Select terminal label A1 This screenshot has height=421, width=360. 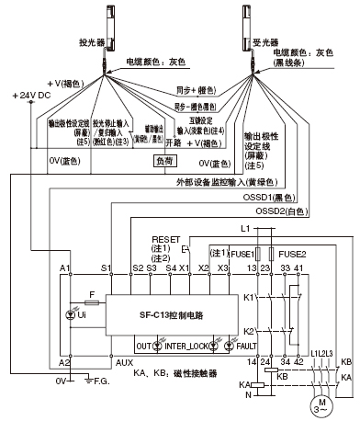pyautogui.click(x=65, y=267)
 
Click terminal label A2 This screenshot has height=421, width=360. pyautogui.click(x=65, y=363)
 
